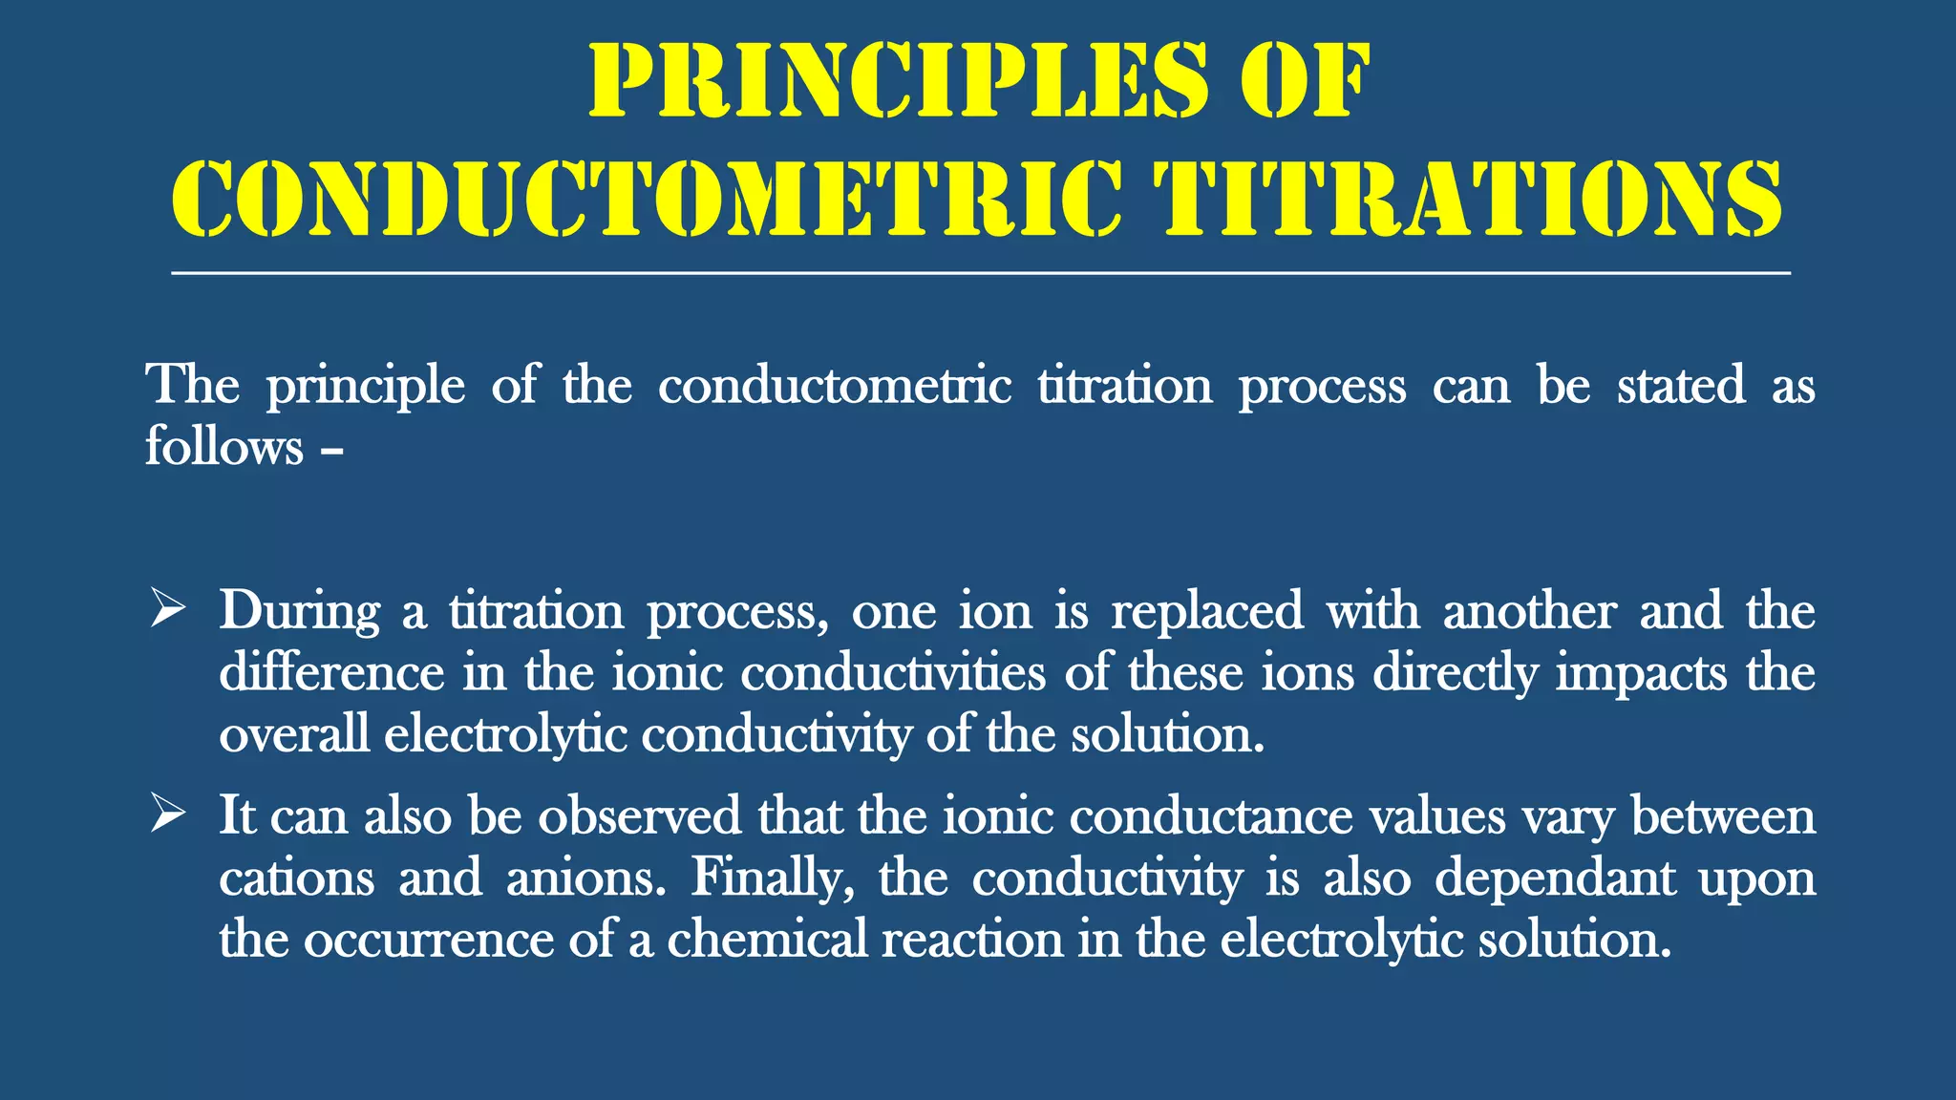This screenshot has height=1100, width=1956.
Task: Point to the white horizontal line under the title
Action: click(980, 273)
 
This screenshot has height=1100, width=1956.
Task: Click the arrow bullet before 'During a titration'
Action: click(167, 609)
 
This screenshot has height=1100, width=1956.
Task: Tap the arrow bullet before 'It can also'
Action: click(167, 814)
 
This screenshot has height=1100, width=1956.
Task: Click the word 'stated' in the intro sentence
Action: click(1681, 385)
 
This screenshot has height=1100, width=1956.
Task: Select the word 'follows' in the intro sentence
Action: click(223, 446)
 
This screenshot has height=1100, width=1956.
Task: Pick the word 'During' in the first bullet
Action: click(299, 610)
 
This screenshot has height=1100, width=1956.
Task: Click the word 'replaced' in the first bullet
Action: click(1206, 610)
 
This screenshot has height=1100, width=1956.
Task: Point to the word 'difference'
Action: click(331, 672)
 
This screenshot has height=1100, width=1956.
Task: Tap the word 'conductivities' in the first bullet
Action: click(893, 672)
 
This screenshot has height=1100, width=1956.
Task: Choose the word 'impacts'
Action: click(1641, 672)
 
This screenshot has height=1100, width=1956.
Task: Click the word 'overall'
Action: click(294, 734)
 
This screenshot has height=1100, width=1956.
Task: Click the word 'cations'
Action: click(296, 877)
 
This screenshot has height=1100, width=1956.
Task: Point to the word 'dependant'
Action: click(1555, 877)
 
